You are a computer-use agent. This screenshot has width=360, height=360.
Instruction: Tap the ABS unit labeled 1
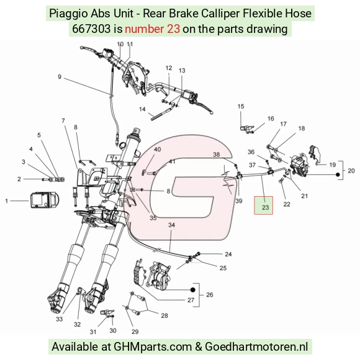click(x=45, y=200)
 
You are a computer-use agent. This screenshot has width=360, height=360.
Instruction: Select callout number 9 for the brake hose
click(x=60, y=77)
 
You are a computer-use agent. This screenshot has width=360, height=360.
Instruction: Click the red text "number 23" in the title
click(x=152, y=29)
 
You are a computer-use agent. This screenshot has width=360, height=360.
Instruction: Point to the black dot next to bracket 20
click(x=338, y=174)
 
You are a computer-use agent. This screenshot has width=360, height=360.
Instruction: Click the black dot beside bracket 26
click(x=193, y=290)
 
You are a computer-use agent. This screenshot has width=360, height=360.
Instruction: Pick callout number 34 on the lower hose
click(x=171, y=225)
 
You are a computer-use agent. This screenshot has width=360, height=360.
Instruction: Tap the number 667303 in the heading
click(x=91, y=29)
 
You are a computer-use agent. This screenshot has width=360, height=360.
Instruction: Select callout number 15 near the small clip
click(x=241, y=106)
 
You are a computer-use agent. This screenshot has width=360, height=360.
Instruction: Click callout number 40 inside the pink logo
click(x=157, y=149)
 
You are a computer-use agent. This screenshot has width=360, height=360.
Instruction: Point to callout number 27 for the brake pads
click(x=191, y=300)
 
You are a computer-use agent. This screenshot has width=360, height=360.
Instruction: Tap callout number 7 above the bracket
click(x=63, y=120)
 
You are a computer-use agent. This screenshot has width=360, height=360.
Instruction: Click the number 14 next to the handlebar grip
click(x=142, y=109)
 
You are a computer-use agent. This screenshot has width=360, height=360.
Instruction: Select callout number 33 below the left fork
click(x=59, y=319)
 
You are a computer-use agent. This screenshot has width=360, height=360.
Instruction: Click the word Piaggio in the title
click(x=68, y=13)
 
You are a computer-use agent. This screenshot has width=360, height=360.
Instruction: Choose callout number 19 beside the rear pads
click(x=333, y=164)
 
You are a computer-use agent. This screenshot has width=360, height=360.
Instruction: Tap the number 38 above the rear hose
click(x=216, y=155)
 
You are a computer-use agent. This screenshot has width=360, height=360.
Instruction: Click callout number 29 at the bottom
click(x=135, y=331)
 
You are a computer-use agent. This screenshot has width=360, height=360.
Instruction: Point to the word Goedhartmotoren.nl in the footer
click(x=256, y=347)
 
